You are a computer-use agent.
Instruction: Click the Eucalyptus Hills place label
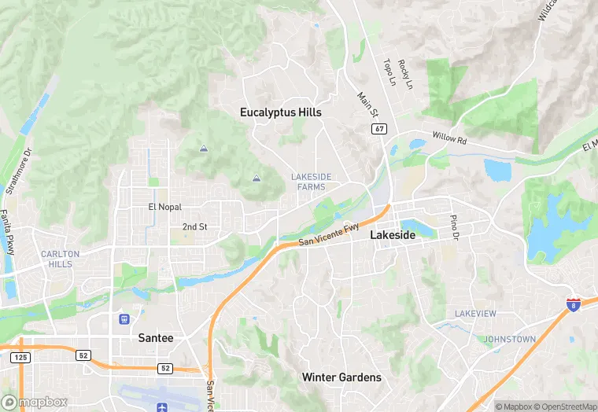281,112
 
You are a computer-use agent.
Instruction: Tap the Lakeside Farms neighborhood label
311,182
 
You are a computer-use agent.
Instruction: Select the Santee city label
155,337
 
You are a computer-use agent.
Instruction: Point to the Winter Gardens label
341,377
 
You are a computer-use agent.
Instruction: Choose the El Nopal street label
164,207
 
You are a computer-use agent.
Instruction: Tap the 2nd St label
194,226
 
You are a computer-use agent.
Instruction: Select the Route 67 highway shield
379,127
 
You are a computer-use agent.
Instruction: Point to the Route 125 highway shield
20,358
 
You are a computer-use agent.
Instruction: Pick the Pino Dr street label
454,226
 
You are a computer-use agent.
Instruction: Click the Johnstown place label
510,340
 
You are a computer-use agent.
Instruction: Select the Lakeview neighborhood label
475,314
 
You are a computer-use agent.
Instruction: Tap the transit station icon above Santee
124,319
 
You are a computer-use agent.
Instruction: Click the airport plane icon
162,406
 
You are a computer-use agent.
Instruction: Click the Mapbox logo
34,402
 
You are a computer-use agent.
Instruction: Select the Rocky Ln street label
404,75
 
